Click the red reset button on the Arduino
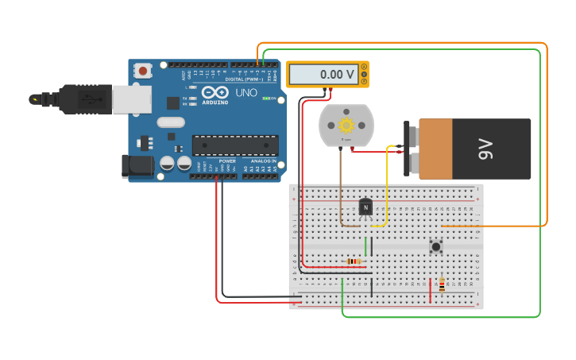(143, 71)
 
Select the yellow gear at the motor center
(346, 125)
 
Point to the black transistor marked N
(365, 207)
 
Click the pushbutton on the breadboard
(435, 246)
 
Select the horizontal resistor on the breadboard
(354, 261)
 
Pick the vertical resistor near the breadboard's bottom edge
(442, 285)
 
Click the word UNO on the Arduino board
(246, 93)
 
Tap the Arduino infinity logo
(215, 93)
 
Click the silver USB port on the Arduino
(131, 99)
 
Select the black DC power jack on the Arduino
(137, 165)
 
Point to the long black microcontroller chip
(235, 145)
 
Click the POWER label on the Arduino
(227, 161)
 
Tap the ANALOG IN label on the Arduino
(263, 161)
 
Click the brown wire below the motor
(341, 191)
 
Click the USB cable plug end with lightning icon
(36, 99)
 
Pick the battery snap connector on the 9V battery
(409, 149)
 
